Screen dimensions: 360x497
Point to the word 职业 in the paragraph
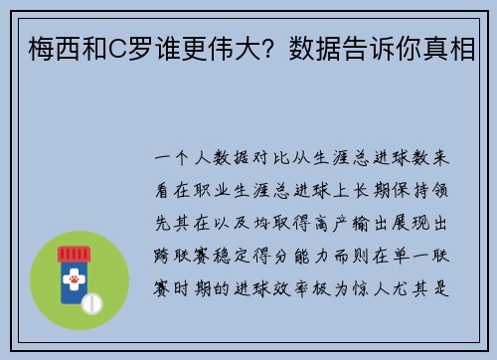231,185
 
